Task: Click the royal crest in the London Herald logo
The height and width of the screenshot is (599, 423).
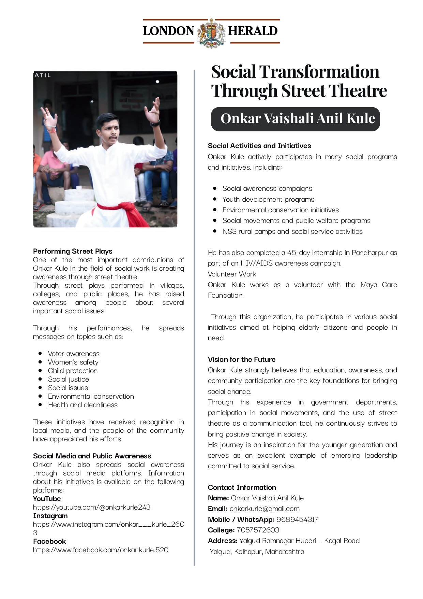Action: point(211,33)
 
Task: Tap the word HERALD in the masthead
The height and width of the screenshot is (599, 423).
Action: point(253,31)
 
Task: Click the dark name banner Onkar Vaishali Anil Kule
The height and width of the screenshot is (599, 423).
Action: point(295,119)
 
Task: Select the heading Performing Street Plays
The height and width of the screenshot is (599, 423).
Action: point(73,251)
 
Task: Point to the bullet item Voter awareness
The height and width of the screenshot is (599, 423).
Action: point(74,354)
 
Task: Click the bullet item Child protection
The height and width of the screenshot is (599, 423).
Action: point(73,371)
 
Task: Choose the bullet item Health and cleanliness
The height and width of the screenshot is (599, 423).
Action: point(82,405)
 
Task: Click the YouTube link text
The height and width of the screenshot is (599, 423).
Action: point(92,507)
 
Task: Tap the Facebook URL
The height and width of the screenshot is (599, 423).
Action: point(101,550)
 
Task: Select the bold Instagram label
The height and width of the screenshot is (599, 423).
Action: point(50,516)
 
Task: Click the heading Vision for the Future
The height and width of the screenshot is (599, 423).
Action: point(242,359)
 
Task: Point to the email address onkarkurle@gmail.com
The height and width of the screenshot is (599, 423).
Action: point(265,509)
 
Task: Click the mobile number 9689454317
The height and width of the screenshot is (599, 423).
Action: point(297,519)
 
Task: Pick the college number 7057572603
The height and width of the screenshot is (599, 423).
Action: point(258,530)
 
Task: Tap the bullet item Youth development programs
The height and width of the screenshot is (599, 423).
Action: point(268,199)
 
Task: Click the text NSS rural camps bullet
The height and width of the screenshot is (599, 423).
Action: point(292,231)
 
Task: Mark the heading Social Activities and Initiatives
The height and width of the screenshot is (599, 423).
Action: point(259,146)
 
